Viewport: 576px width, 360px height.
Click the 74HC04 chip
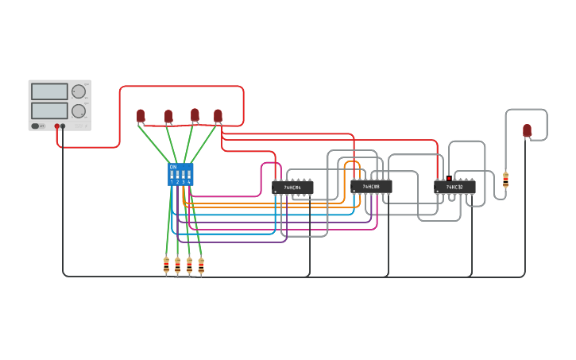coord(292,188)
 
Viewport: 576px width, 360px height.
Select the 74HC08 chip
coord(371,187)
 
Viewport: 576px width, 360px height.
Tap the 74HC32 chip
coord(454,188)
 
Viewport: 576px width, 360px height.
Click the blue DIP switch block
coord(180,175)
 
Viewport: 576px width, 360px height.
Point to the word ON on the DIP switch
coord(173,167)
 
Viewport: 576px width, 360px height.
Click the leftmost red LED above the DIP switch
coord(141,116)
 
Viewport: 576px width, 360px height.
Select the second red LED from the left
coord(168,116)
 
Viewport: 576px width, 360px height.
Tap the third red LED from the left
coord(195,115)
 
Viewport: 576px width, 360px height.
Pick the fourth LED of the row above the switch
coord(218,116)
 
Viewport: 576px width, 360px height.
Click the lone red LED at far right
coord(527,130)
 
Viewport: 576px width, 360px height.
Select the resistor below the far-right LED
coord(505,180)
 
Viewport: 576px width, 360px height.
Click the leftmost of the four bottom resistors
coord(166,265)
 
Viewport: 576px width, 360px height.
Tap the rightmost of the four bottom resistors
coord(201,265)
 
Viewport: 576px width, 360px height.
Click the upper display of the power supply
coord(49,91)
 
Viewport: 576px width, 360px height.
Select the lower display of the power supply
coord(49,110)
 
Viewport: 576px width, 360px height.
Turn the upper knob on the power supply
coord(79,91)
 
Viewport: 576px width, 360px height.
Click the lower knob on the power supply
coord(79,111)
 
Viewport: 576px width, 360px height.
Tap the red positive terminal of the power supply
coord(57,126)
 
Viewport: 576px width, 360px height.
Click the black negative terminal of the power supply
coord(63,126)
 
